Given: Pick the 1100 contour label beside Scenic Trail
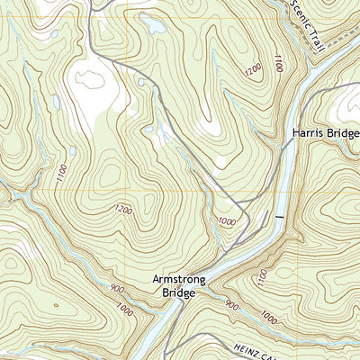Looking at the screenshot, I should tap(280, 64).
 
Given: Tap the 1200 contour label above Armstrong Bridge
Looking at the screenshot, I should tap(123, 211).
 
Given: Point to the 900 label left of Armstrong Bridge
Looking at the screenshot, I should tap(93, 289).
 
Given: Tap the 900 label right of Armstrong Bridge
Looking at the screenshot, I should tap(233, 305).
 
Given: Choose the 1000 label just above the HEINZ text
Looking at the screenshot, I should tap(267, 317).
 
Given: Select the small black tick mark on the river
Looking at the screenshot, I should tap(280, 218).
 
